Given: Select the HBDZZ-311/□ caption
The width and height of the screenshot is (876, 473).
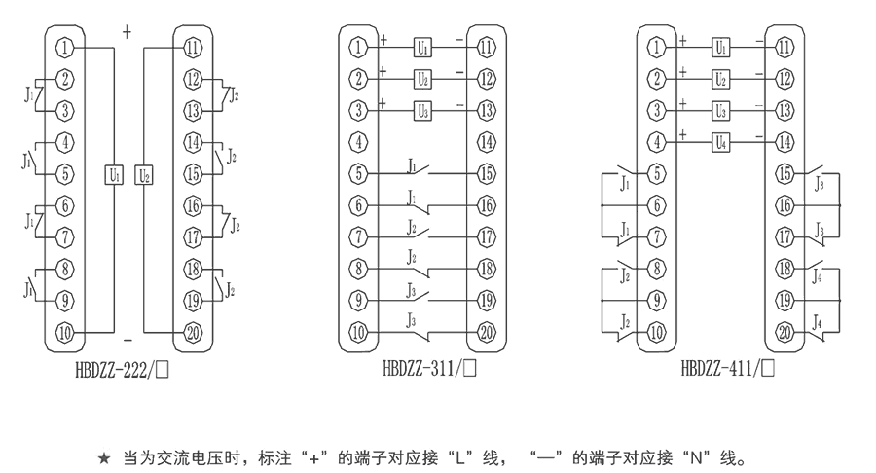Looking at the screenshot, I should point(421,370).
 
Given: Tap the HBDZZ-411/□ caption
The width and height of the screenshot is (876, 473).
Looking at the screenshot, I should point(725,370).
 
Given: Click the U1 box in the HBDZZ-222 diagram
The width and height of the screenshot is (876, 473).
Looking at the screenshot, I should point(114,176).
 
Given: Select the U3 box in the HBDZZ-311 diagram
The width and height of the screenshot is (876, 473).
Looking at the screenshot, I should point(422,109).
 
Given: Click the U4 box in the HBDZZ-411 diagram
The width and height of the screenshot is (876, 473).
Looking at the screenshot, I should point(720,142).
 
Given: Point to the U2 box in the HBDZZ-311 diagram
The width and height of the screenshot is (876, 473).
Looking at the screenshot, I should point(422,78).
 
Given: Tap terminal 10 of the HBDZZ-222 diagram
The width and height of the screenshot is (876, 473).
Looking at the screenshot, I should point(64,332).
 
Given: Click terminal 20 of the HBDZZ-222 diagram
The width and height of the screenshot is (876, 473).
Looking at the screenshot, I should point(193,332).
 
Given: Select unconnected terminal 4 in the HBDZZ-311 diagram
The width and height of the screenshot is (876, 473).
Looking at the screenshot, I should point(360,142).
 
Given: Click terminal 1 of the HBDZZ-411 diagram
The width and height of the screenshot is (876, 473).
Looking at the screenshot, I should point(658,46).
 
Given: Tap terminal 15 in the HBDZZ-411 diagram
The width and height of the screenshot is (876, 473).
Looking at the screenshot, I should point(784,174).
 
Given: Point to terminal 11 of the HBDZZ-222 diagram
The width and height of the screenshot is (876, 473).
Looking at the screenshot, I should point(193,46).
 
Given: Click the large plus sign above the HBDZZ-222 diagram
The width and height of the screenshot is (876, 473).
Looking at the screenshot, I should point(127,32).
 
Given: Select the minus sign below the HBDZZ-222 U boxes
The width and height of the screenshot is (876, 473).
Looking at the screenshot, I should point(128,340).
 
